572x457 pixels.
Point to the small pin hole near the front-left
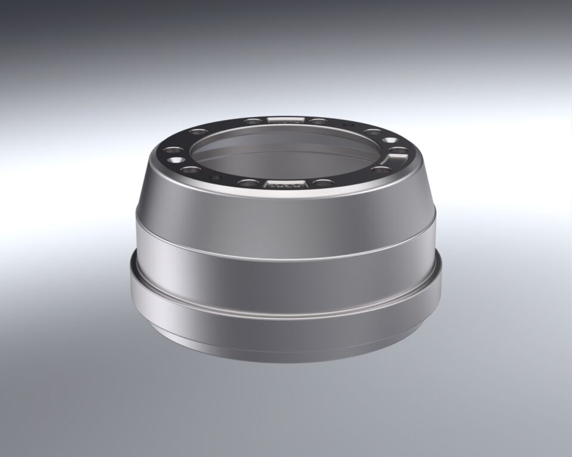(215, 177)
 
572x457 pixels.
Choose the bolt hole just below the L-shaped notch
(381, 170)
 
